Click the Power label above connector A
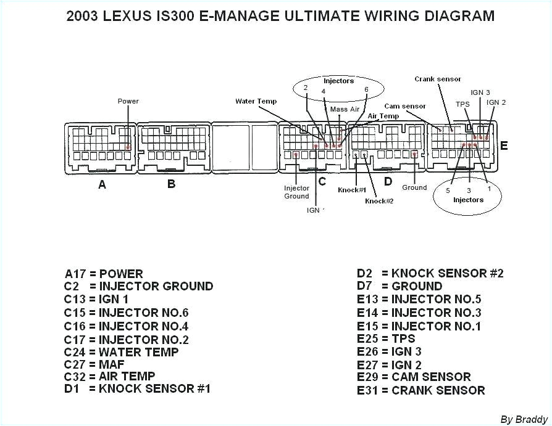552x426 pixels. coord(128,101)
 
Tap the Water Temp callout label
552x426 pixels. coord(256,101)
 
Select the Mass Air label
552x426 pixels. coord(345,109)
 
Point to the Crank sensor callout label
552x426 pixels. coord(438,79)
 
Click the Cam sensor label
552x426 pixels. coord(405,106)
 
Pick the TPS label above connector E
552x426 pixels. coord(462,104)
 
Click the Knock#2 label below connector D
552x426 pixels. coord(379,201)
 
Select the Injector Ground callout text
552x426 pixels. coord(296,192)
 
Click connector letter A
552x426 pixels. coord(102,184)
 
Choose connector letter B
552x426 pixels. coord(172,184)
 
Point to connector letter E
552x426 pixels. coord(504,146)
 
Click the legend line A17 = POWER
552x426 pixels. coord(104,274)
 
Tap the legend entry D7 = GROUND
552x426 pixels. coord(399,286)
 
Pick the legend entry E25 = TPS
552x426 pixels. coord(386,338)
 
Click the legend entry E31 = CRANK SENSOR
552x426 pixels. coord(420,390)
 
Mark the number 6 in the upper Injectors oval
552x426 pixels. coord(366,89)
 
